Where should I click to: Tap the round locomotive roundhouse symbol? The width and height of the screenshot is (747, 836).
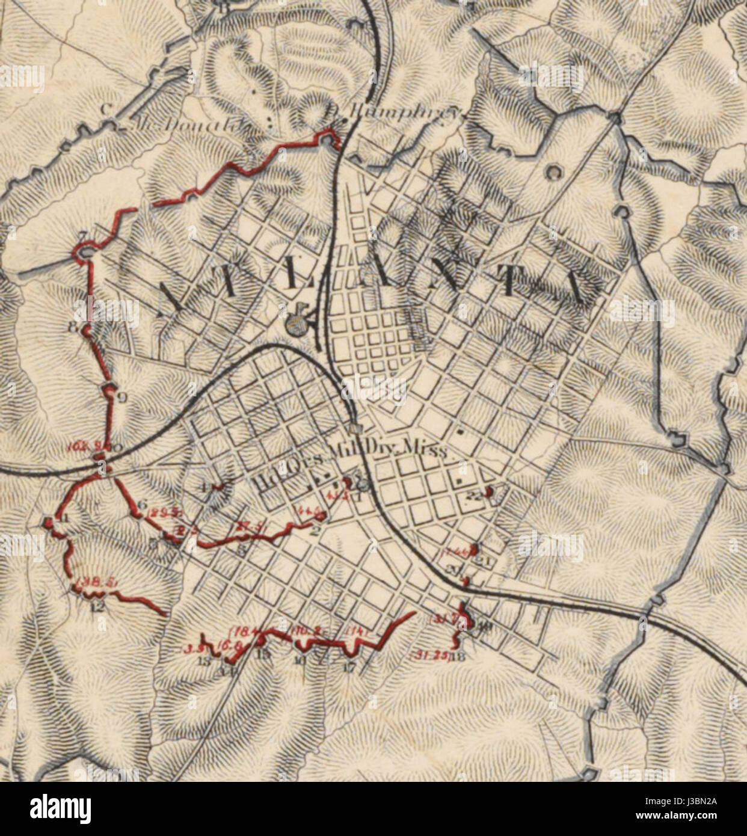[294, 325]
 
